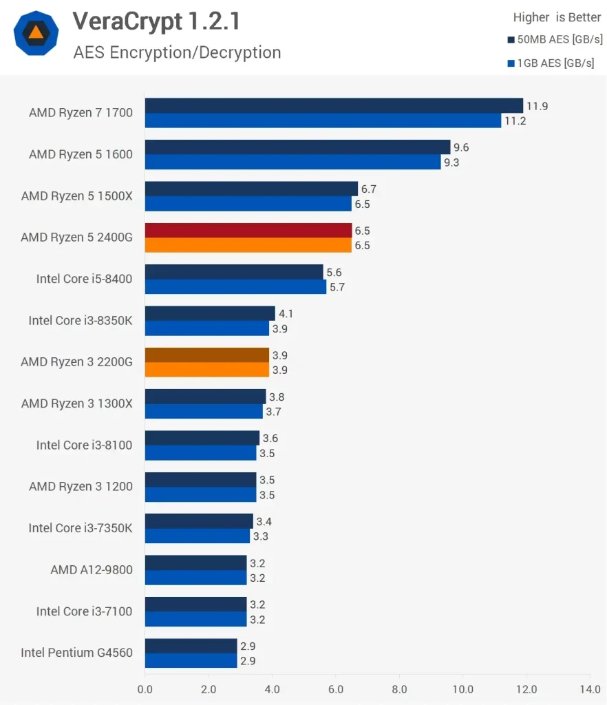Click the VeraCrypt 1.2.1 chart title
157,22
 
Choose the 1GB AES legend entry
551,63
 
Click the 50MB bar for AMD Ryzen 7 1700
334,105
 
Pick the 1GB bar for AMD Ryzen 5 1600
292,162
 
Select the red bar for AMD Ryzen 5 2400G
248,230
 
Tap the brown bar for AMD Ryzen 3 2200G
206,355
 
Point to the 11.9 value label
537,106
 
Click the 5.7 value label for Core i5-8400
337,287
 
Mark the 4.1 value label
286,314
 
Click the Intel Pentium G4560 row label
76,653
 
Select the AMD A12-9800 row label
91,569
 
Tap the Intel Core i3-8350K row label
80,320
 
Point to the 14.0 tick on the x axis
590,688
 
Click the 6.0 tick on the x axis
336,688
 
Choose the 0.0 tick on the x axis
145,688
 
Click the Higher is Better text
557,17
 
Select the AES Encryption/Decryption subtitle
177,52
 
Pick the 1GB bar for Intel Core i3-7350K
197,536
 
